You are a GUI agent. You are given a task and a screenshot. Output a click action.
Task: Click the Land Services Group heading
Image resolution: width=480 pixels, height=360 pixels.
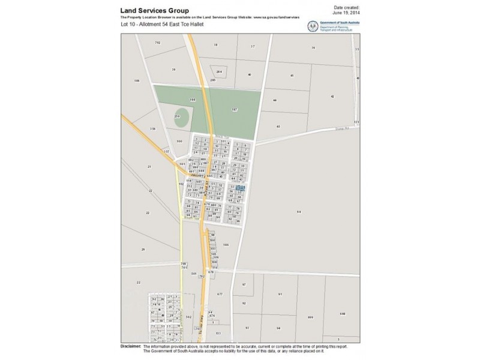coord(155,11)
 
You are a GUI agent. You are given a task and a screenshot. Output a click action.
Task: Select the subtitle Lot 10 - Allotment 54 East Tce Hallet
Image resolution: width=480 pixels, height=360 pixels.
coord(160,26)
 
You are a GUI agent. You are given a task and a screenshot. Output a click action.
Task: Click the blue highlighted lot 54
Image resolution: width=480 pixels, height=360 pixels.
coord(240,188)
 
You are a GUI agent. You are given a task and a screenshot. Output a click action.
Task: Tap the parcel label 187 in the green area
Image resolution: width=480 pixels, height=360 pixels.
coord(235,110)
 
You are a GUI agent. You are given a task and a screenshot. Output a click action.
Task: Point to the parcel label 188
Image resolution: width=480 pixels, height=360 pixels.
coord(193,99)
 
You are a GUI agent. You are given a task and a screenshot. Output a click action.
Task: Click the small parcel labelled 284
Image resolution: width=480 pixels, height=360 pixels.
coord(220,71)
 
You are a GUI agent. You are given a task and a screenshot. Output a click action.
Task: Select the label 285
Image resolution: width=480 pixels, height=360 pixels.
coord(212,80)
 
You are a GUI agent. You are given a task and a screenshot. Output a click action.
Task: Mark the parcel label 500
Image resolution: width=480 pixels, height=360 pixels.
coord(179,141)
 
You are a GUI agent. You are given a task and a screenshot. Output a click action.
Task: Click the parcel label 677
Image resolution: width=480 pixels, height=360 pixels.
coord(220,294)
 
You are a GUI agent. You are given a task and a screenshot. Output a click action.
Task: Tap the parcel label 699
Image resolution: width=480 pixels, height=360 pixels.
coord(310,317)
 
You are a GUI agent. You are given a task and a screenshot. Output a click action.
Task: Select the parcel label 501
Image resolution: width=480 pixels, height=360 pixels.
coord(194,274)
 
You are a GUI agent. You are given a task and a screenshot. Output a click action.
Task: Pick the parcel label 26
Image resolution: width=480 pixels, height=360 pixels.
coord(143,249)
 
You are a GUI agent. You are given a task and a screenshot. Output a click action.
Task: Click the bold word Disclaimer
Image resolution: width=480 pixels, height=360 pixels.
coord(130,346)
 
